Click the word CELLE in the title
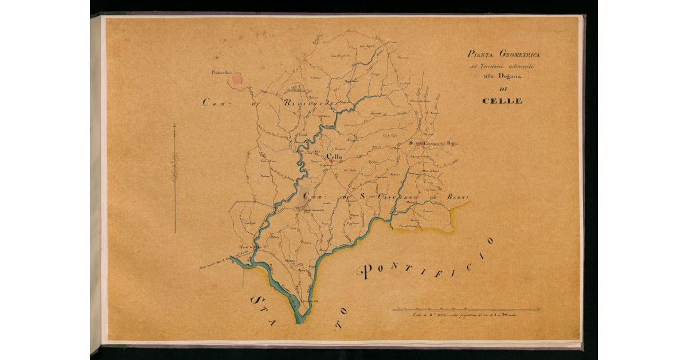(502, 101)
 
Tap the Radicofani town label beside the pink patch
(220, 73)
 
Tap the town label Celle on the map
(334, 156)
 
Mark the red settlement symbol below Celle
(332, 162)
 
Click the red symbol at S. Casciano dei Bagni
(419, 143)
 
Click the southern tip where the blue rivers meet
(299, 321)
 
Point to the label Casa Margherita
(340, 55)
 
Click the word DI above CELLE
(503, 89)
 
